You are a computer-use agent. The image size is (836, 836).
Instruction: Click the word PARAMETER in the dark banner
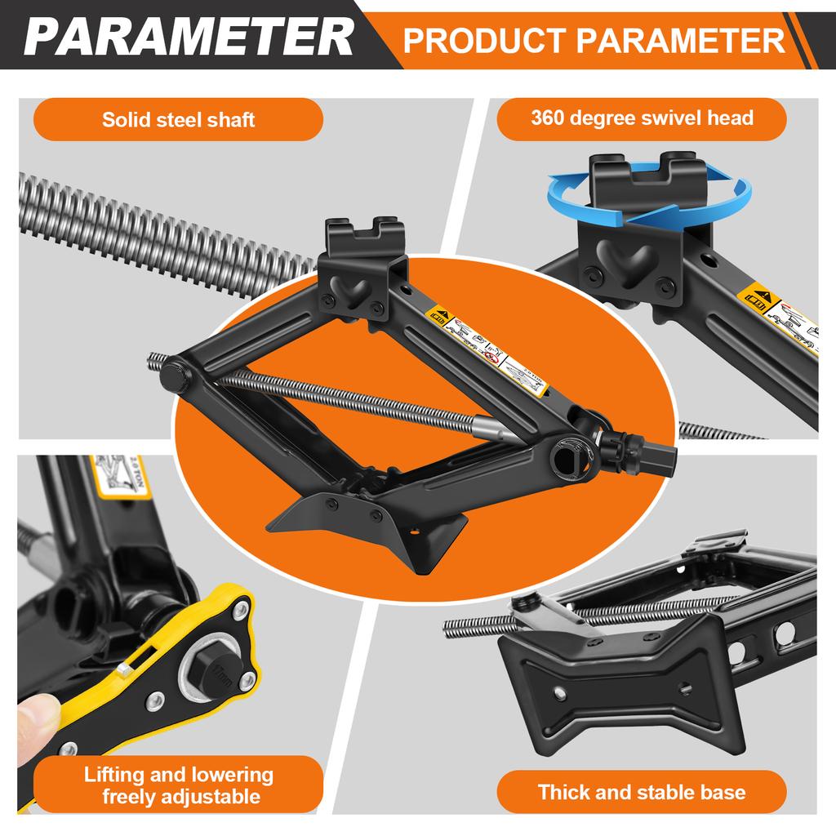[x=189, y=36]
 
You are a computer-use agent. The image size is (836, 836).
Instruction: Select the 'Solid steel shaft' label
[x=178, y=120]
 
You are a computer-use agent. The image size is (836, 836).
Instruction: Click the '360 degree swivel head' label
[x=642, y=118]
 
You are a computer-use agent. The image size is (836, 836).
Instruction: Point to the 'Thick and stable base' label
[x=642, y=791]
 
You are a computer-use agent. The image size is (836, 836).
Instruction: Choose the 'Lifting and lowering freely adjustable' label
[x=178, y=785]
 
